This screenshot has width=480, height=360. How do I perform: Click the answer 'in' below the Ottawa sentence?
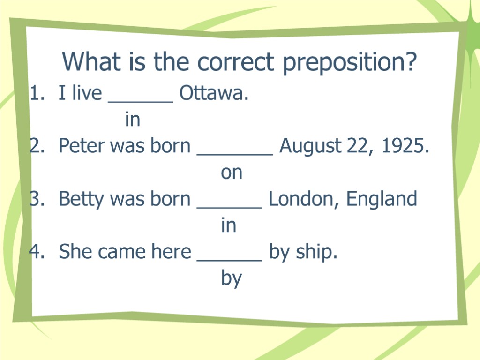(133, 120)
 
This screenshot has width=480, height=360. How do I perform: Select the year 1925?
(405, 146)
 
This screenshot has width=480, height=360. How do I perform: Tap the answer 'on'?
(232, 173)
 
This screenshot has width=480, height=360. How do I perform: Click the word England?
(382, 199)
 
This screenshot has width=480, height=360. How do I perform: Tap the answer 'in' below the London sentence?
(228, 226)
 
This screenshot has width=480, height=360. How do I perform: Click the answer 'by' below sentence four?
(231, 279)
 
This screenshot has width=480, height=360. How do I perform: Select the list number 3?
(35, 199)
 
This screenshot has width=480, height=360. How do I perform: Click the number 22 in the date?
(358, 146)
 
